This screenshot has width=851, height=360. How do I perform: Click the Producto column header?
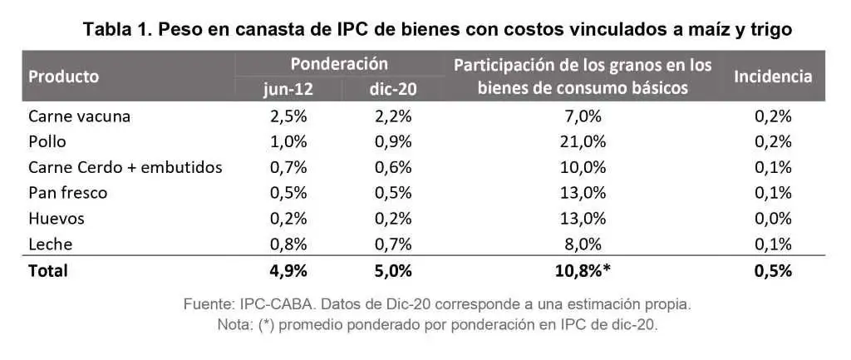click(x=64, y=76)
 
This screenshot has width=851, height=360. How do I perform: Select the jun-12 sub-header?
click(x=288, y=89)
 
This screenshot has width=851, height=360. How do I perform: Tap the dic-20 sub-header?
click(x=393, y=89)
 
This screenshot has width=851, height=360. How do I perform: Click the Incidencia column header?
click(x=773, y=76)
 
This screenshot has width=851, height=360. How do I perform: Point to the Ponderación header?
click(x=339, y=63)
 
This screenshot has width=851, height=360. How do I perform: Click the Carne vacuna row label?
click(x=79, y=116)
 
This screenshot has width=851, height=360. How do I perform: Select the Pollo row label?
click(x=47, y=141)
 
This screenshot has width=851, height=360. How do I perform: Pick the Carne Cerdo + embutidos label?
click(x=125, y=167)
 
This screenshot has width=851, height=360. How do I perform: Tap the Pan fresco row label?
click(x=68, y=193)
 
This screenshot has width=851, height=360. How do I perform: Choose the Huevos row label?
click(x=57, y=219)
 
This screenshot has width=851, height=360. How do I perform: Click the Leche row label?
click(x=51, y=244)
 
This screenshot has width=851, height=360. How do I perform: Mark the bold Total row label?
click(x=48, y=271)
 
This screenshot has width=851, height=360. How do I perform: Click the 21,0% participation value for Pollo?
click(x=583, y=141)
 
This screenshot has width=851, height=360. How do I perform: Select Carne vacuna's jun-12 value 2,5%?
click(x=288, y=116)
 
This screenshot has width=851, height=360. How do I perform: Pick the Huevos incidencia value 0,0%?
click(x=773, y=219)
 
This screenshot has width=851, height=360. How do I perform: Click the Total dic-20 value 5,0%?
click(x=393, y=271)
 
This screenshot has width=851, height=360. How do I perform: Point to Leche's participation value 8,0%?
click(x=583, y=244)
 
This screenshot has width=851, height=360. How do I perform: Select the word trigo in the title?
click(x=769, y=30)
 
